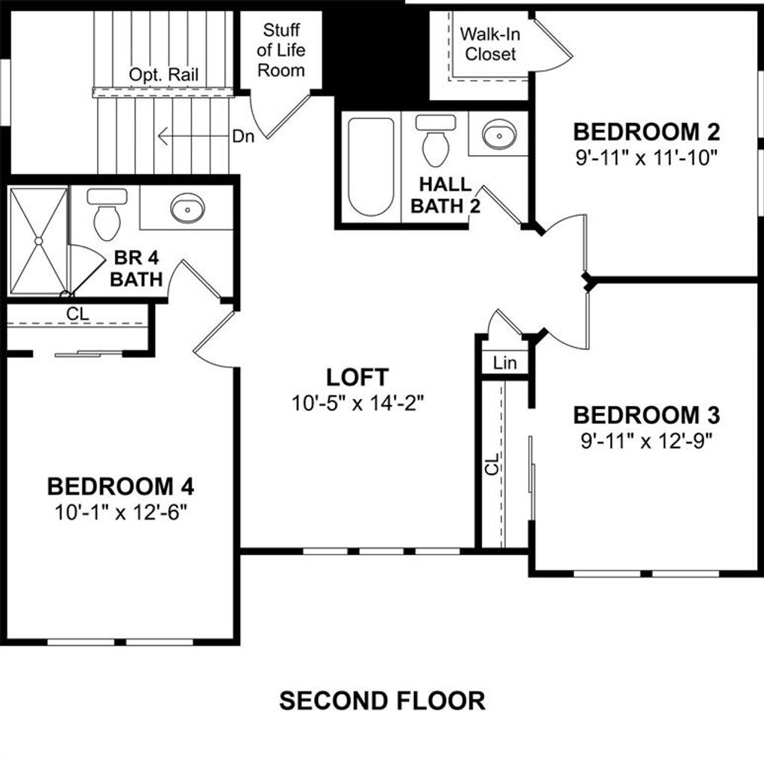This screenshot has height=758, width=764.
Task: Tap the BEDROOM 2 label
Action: (646, 133)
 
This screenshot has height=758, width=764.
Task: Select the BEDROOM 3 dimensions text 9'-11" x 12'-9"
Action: (646, 440)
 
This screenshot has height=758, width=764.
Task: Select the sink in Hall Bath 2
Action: (498, 135)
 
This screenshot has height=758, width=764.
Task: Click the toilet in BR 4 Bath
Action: (107, 215)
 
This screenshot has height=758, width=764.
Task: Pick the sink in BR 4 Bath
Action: (187, 208)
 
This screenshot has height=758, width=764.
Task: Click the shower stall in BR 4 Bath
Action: (38, 240)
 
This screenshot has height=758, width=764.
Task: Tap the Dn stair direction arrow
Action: (194, 137)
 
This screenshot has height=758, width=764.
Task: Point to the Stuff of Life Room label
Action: (281, 50)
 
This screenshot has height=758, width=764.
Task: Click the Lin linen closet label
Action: (505, 363)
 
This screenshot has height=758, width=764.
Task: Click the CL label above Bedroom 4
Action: (78, 315)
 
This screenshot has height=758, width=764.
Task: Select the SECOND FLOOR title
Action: (382, 701)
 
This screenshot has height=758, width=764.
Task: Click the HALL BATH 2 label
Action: (445, 195)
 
